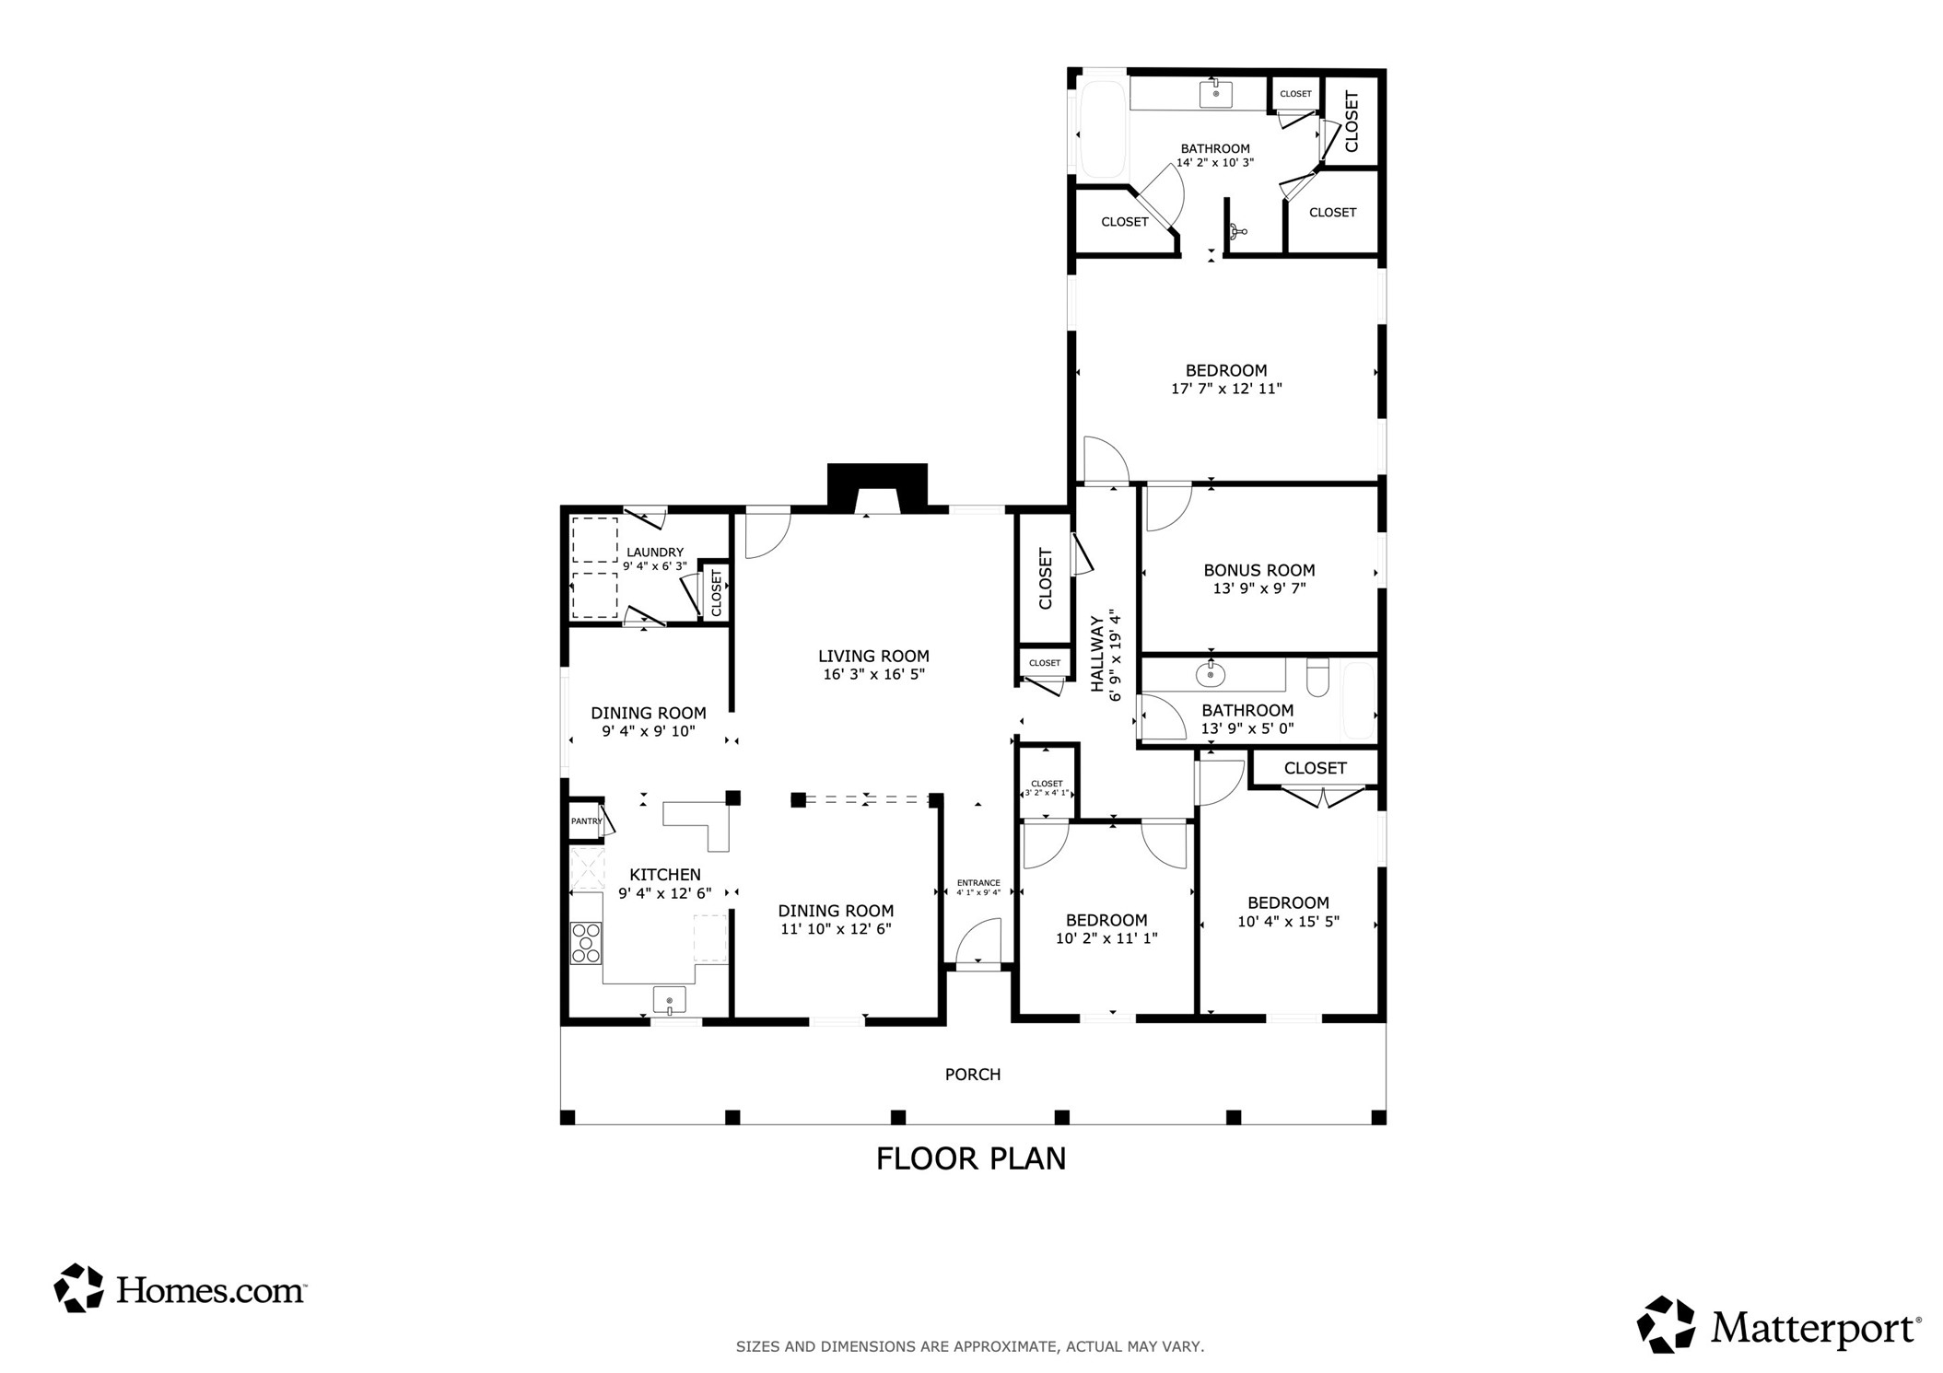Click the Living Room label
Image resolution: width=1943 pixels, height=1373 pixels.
[873, 657]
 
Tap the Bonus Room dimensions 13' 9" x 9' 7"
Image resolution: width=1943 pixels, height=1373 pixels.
[1259, 588]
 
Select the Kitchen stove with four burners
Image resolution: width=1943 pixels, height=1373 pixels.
[586, 943]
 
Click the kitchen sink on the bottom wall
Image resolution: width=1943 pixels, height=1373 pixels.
[670, 999]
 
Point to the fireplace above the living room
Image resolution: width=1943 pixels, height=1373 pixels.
[877, 488]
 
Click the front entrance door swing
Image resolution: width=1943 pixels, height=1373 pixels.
[977, 941]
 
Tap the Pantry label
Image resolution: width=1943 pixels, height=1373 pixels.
[586, 821]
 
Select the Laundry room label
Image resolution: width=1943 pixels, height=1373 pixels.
[655, 553]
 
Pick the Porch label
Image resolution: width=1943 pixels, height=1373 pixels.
[973, 1075]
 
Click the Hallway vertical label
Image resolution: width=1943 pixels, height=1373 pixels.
[1097, 654]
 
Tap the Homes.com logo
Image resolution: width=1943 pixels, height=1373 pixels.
[180, 1288]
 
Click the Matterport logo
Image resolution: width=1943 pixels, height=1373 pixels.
[1779, 1325]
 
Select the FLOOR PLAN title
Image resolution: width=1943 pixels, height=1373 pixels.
[971, 1158]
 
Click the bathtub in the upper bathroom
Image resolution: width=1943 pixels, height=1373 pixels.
[1103, 130]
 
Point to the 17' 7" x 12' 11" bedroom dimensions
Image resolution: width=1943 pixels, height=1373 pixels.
[1226, 389]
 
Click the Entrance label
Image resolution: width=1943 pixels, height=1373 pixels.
[978, 883]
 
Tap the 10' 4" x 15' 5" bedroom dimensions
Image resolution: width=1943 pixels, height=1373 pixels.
[1288, 921]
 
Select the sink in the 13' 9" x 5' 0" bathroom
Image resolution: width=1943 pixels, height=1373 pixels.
[1210, 674]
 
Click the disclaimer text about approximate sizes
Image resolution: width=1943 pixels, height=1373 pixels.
[970, 1346]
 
